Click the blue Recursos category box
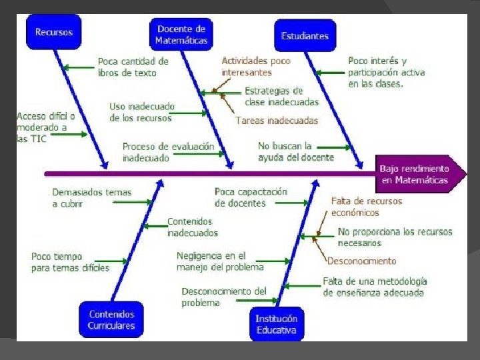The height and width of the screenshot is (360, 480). (x=54, y=32)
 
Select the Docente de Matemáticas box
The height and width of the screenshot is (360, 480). (x=181, y=35)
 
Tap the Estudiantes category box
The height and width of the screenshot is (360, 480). (x=305, y=35)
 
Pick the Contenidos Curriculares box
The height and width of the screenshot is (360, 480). (x=111, y=320)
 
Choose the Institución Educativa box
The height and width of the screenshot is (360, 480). (x=277, y=325)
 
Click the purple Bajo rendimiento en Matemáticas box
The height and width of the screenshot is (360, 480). (x=415, y=175)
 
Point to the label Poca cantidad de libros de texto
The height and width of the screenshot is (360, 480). (x=133, y=67)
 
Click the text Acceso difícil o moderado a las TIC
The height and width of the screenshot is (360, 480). (x=45, y=127)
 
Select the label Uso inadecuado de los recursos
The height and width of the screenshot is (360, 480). (x=142, y=112)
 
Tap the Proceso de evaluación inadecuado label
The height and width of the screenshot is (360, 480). (x=168, y=152)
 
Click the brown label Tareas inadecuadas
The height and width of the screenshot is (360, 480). (x=276, y=121)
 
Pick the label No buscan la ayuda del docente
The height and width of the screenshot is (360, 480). (x=296, y=151)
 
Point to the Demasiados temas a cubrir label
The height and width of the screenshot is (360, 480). (x=92, y=198)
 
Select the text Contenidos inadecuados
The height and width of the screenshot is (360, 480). (x=192, y=227)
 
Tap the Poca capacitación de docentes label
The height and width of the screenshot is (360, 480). (x=251, y=197)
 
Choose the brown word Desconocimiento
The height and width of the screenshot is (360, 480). (x=361, y=261)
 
